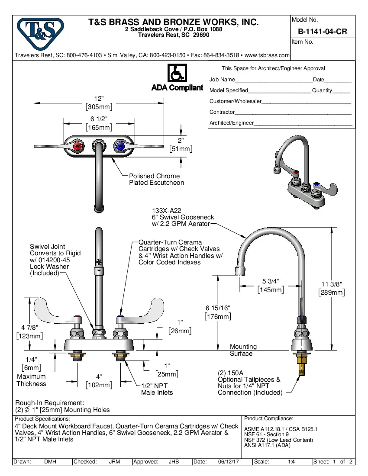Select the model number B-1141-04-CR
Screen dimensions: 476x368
coord(322,32)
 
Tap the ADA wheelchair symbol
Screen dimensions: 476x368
coord(177,73)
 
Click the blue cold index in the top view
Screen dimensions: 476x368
coord(120,147)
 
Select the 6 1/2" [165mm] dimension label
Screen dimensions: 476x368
coord(99,123)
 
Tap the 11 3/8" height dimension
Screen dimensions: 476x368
coord(332,288)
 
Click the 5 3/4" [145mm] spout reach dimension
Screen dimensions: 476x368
coord(271,286)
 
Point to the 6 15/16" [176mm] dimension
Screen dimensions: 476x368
coord(217,312)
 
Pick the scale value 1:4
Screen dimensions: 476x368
coord(291,462)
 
